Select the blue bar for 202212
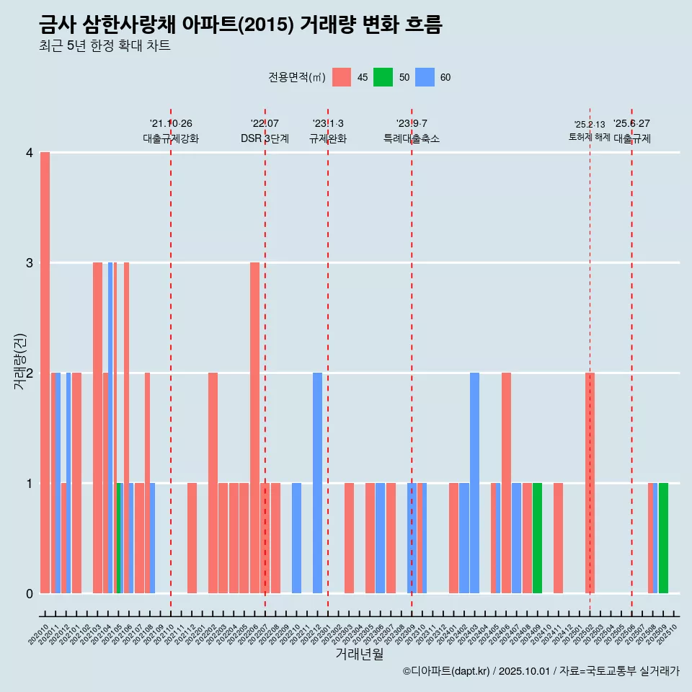[317, 483]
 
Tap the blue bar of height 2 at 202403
[474, 483]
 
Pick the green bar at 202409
[537, 538]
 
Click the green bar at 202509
[663, 538]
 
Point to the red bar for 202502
[590, 483]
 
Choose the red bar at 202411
[558, 538]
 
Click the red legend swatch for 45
[342, 77]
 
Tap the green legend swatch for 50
[383, 77]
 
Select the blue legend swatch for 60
[425, 77]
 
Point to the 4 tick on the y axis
[29, 153]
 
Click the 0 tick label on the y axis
[29, 594]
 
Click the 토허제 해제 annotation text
[589, 137]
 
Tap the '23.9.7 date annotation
[412, 124]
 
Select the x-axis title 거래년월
[359, 655]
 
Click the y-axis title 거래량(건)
[20, 362]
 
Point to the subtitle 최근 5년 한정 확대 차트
[105, 46]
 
